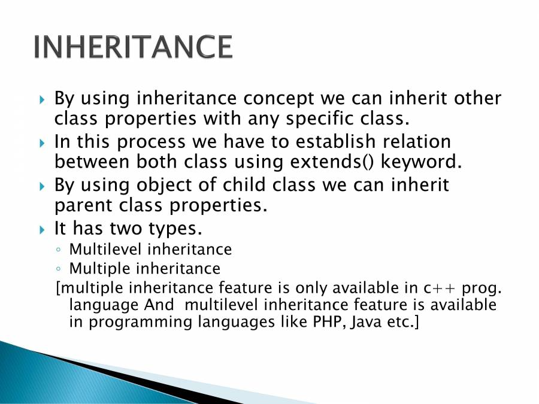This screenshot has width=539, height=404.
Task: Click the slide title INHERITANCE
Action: tap(134, 47)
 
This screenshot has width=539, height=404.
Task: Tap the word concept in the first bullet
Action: tap(278, 99)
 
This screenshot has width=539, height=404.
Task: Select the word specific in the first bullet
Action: tap(319, 119)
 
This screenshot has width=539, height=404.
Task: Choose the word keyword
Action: tap(421, 162)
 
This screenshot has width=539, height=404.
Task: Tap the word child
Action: tap(244, 184)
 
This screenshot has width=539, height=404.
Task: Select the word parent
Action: tap(83, 206)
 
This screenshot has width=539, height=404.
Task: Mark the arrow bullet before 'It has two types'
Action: tap(43, 229)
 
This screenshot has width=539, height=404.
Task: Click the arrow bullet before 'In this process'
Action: tap(43, 142)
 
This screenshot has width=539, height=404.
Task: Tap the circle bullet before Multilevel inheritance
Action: tap(59, 250)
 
